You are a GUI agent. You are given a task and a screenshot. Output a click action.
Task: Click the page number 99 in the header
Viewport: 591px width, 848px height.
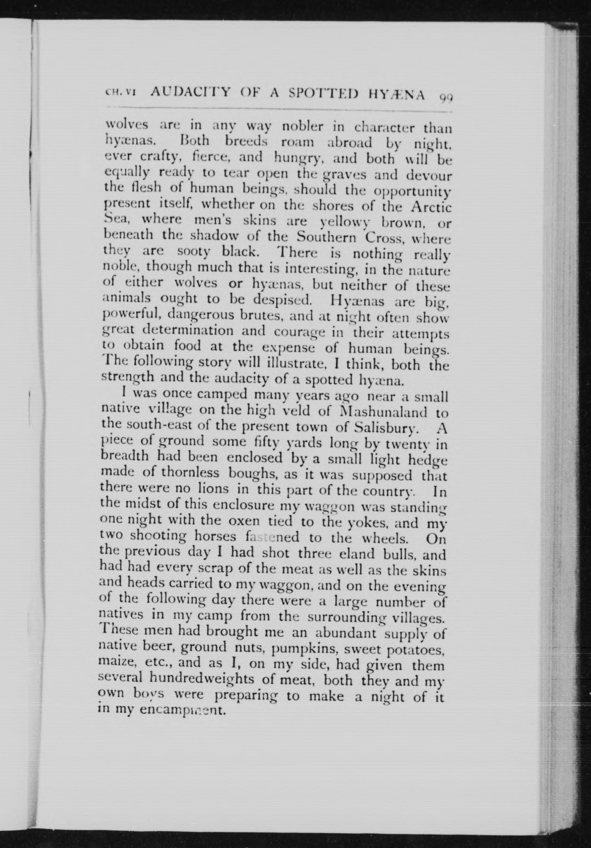pyautogui.click(x=446, y=97)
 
